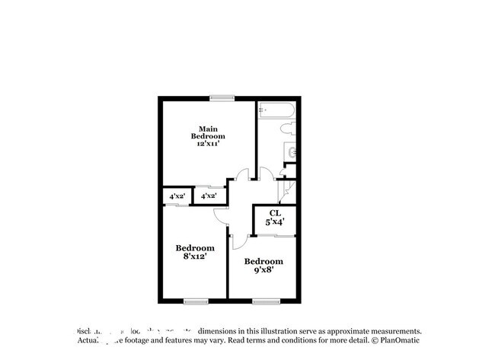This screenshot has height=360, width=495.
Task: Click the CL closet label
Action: coord(273,214)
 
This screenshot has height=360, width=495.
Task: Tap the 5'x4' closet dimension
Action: coord(273,222)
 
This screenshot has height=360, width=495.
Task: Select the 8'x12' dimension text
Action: coord(194,256)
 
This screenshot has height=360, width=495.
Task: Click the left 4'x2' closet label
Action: coord(177,196)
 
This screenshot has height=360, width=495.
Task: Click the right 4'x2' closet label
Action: coord(208,196)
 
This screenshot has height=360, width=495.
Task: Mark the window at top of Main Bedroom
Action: coord(222,97)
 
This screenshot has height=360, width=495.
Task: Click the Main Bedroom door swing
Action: coord(242,175)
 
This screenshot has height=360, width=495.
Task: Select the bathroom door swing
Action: coord(265,175)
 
